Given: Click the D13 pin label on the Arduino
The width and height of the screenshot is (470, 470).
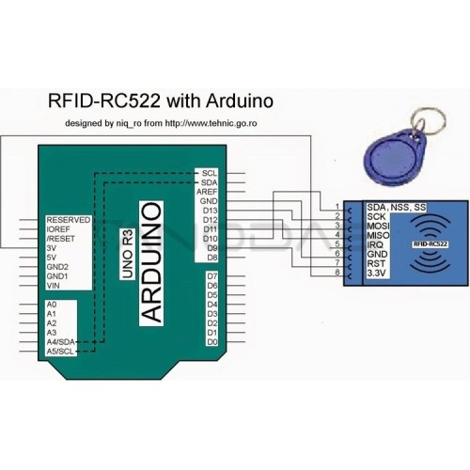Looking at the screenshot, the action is coord(210,211).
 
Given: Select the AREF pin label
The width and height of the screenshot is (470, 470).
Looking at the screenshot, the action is coord(207,192).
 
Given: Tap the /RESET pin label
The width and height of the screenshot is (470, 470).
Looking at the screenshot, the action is coord(61,239).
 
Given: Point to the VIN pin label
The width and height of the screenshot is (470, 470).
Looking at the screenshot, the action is coord(53,286).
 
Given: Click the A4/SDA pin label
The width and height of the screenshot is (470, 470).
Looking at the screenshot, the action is coord(61,342).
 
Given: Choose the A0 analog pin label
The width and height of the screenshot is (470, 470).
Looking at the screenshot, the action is coord(52,305).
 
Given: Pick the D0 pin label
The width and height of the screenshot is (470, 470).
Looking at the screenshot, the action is coord(212,342).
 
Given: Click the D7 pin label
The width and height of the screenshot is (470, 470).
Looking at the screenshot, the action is coord(212,276).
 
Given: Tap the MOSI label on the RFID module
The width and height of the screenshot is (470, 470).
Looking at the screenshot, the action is coord(378,226).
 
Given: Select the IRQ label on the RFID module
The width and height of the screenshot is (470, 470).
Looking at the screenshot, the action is coord(375,244).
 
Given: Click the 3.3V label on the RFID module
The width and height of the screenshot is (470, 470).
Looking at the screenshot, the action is coord(376,273).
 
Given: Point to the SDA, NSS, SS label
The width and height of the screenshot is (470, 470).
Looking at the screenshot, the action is coord(397,207).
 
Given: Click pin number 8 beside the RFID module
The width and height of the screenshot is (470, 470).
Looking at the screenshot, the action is coord(337,272).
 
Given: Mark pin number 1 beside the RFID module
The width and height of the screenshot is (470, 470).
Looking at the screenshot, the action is coord(337,206).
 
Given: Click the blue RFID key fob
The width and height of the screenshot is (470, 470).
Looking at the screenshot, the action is coord(394,158).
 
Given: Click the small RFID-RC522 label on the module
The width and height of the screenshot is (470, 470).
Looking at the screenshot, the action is coord(431,244).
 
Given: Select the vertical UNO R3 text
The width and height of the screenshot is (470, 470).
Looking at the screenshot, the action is coord(128,254).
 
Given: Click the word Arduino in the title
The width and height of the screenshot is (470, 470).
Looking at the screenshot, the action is coord(240,102).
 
